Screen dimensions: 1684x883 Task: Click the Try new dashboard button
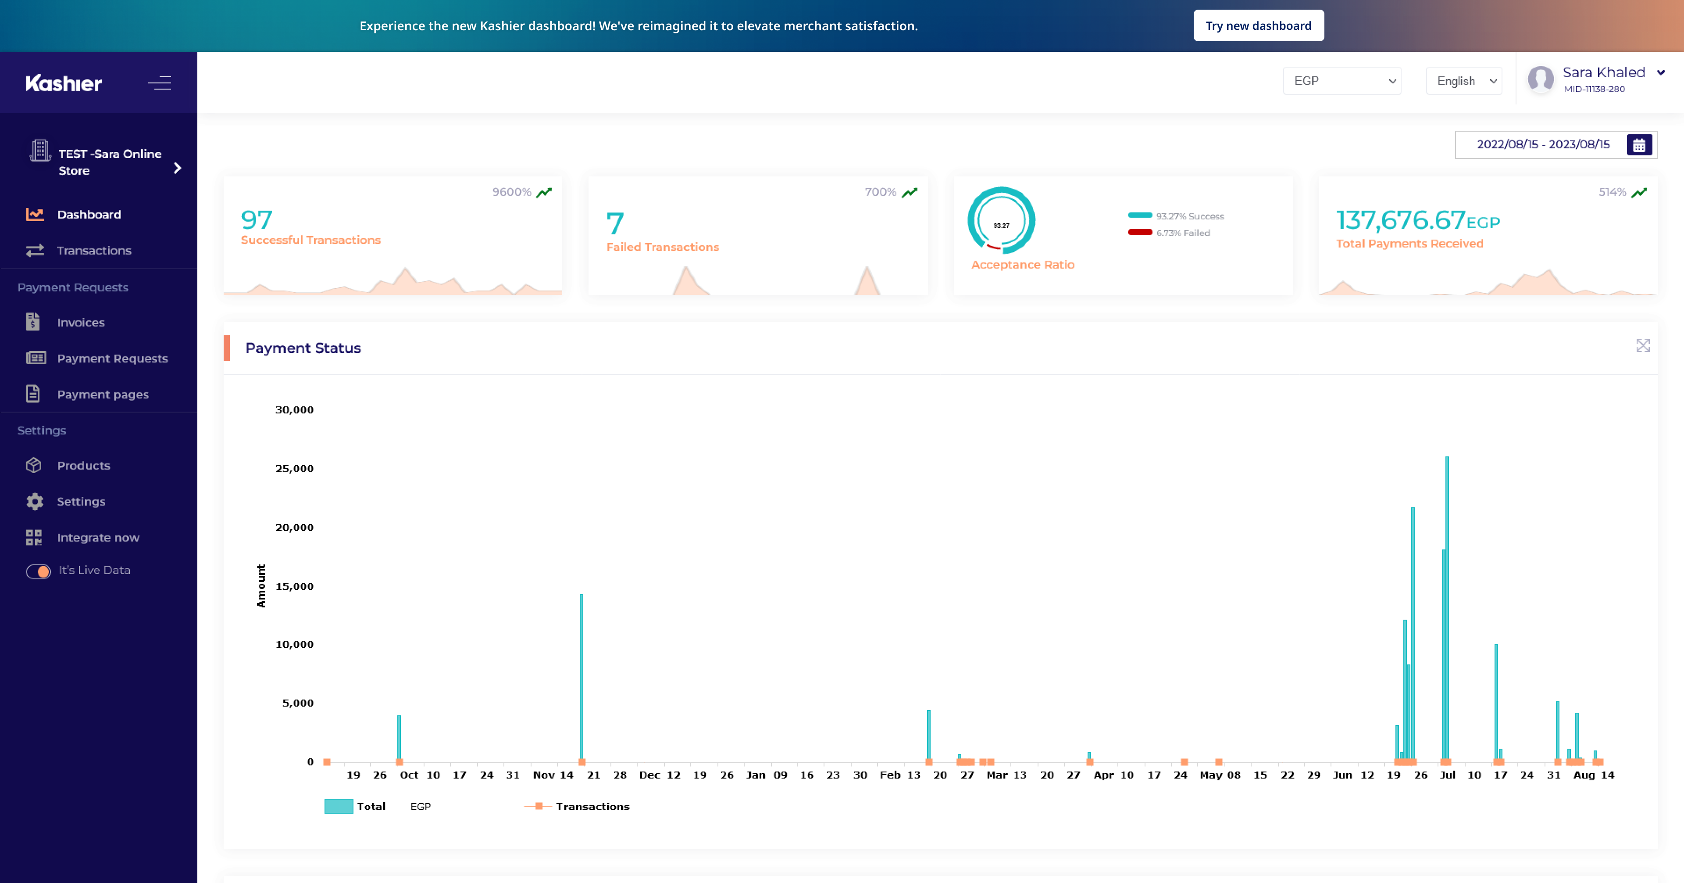pos(1259,25)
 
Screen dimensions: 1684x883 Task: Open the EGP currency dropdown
pos(1342,80)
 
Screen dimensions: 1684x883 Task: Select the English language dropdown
pos(1464,80)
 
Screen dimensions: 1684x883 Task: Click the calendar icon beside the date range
pos(1639,144)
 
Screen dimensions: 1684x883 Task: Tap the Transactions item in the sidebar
pos(93,251)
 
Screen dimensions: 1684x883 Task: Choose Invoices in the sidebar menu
pos(80,323)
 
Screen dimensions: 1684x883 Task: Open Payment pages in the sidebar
pos(103,395)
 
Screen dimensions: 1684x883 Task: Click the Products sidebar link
pos(83,466)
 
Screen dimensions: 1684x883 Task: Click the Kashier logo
pos(64,83)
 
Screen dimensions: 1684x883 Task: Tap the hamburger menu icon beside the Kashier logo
pos(160,83)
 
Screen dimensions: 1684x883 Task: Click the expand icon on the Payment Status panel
pos(1643,345)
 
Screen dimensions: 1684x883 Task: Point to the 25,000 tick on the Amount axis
pos(295,468)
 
